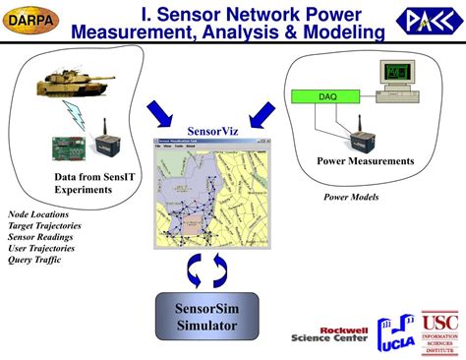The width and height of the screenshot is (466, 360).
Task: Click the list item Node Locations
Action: [40, 213]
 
